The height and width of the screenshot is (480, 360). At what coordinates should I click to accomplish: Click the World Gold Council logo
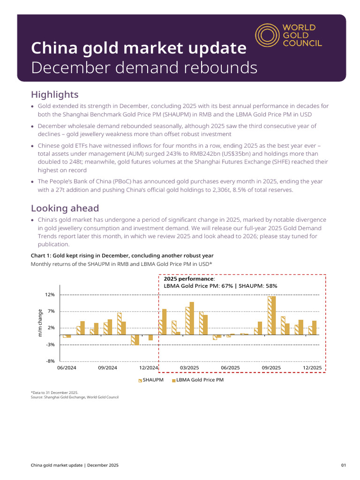coord(289,36)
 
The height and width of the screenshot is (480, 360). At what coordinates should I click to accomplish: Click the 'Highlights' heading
coord(54,95)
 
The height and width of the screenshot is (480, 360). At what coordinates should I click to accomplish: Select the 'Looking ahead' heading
coord(65,208)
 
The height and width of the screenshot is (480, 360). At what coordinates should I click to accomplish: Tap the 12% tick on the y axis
coord(50,295)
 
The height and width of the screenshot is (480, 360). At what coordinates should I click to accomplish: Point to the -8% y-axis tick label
coord(50,361)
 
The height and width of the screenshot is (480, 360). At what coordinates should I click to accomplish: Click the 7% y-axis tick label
coord(51,311)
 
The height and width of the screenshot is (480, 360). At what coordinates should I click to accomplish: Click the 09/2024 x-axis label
coord(107,368)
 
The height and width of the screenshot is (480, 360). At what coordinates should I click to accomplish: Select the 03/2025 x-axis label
coord(189,368)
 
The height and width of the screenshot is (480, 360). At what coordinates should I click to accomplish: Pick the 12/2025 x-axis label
coord(312,368)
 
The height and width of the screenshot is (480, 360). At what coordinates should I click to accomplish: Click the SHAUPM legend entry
coord(151,380)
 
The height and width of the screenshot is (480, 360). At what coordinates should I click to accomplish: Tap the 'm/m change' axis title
coord(40,323)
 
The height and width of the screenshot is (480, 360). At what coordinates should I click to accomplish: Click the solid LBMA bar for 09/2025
coord(273,315)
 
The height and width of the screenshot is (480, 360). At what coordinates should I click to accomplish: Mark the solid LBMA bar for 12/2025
coord(315,328)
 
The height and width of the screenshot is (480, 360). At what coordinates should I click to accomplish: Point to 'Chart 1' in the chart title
coord(40,255)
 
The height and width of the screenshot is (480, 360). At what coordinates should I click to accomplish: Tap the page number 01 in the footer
coord(344,465)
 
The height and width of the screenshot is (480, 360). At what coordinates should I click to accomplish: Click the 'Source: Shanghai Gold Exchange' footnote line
coord(75,397)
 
